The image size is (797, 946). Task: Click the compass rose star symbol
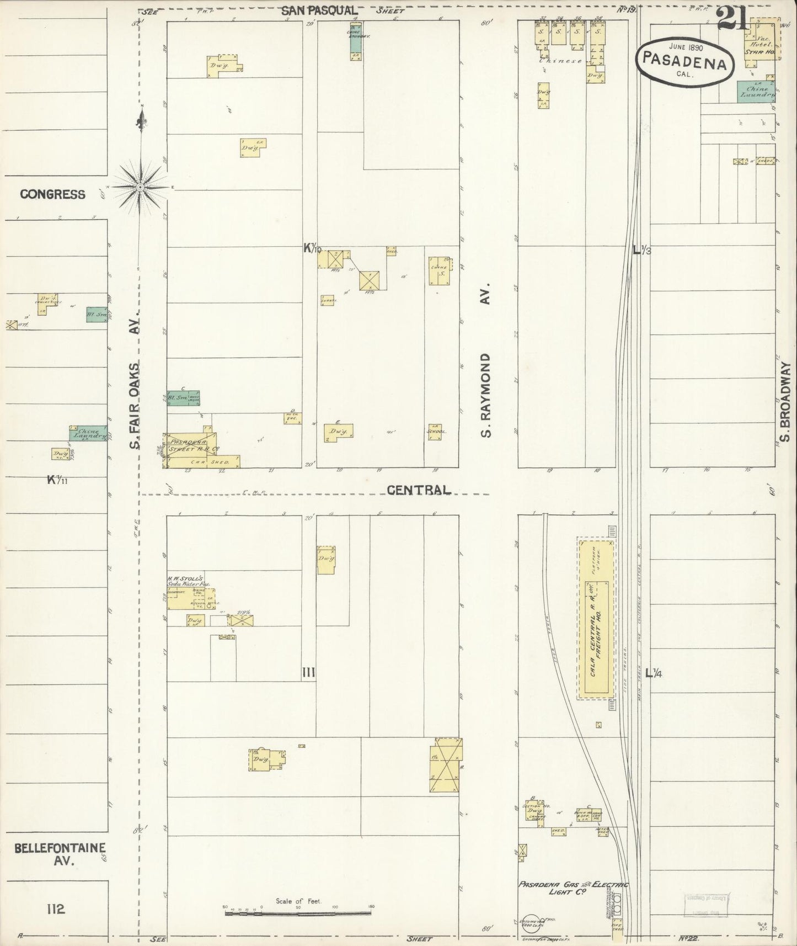pos(141,188)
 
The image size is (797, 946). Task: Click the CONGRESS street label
pos(52,194)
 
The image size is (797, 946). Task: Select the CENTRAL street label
pos(418,490)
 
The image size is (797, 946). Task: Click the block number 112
pos(56,908)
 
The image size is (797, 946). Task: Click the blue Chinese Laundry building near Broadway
pos(756,92)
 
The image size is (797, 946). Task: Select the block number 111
pos(308,672)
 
